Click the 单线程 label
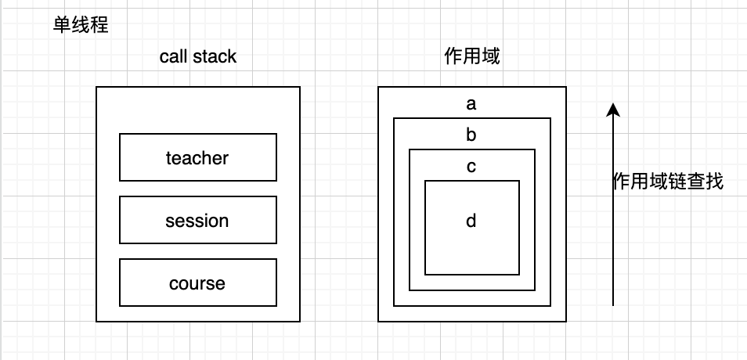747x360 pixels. coord(80,25)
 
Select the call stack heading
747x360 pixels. coord(197,57)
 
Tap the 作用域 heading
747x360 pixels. coord(471,57)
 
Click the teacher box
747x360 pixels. coord(197,157)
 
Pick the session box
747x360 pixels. coord(197,220)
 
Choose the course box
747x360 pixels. coord(197,283)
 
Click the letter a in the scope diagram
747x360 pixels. coord(471,103)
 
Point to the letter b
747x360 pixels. coord(471,135)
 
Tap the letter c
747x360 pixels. coord(471,166)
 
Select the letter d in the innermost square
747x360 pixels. coord(471,221)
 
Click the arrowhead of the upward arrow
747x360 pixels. coord(613,110)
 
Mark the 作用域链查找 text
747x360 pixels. coord(667,182)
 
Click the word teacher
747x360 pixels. coord(197,158)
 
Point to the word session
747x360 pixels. coord(197,221)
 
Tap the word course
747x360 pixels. coord(197,283)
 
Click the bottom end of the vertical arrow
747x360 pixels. coord(613,304)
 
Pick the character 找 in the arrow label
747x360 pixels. coord(713,182)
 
